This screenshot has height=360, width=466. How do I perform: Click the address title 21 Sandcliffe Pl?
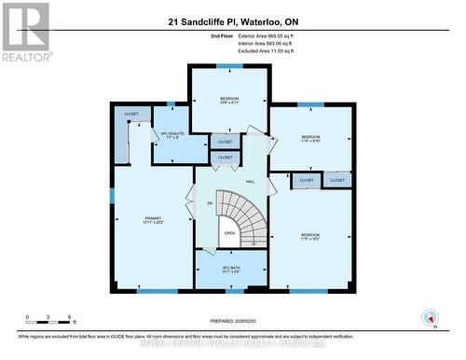pos(232,21)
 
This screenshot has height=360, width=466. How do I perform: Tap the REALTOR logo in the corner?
pos(25,32)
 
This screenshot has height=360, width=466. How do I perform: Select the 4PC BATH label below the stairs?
pos(231,270)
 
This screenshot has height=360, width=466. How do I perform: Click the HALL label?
pos(250,181)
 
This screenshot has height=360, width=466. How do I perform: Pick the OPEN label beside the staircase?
pos(228,233)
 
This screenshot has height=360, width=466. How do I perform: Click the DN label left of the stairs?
pos(210,202)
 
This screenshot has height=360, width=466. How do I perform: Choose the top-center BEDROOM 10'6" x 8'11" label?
pos(229,101)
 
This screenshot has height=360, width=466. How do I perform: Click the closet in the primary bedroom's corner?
pos(130,116)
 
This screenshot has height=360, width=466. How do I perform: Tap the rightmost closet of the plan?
pos(336,180)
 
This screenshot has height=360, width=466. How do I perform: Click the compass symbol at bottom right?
pos(431,317)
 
